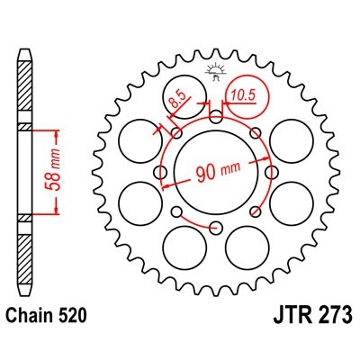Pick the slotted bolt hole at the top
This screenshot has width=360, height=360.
click(215, 119)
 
